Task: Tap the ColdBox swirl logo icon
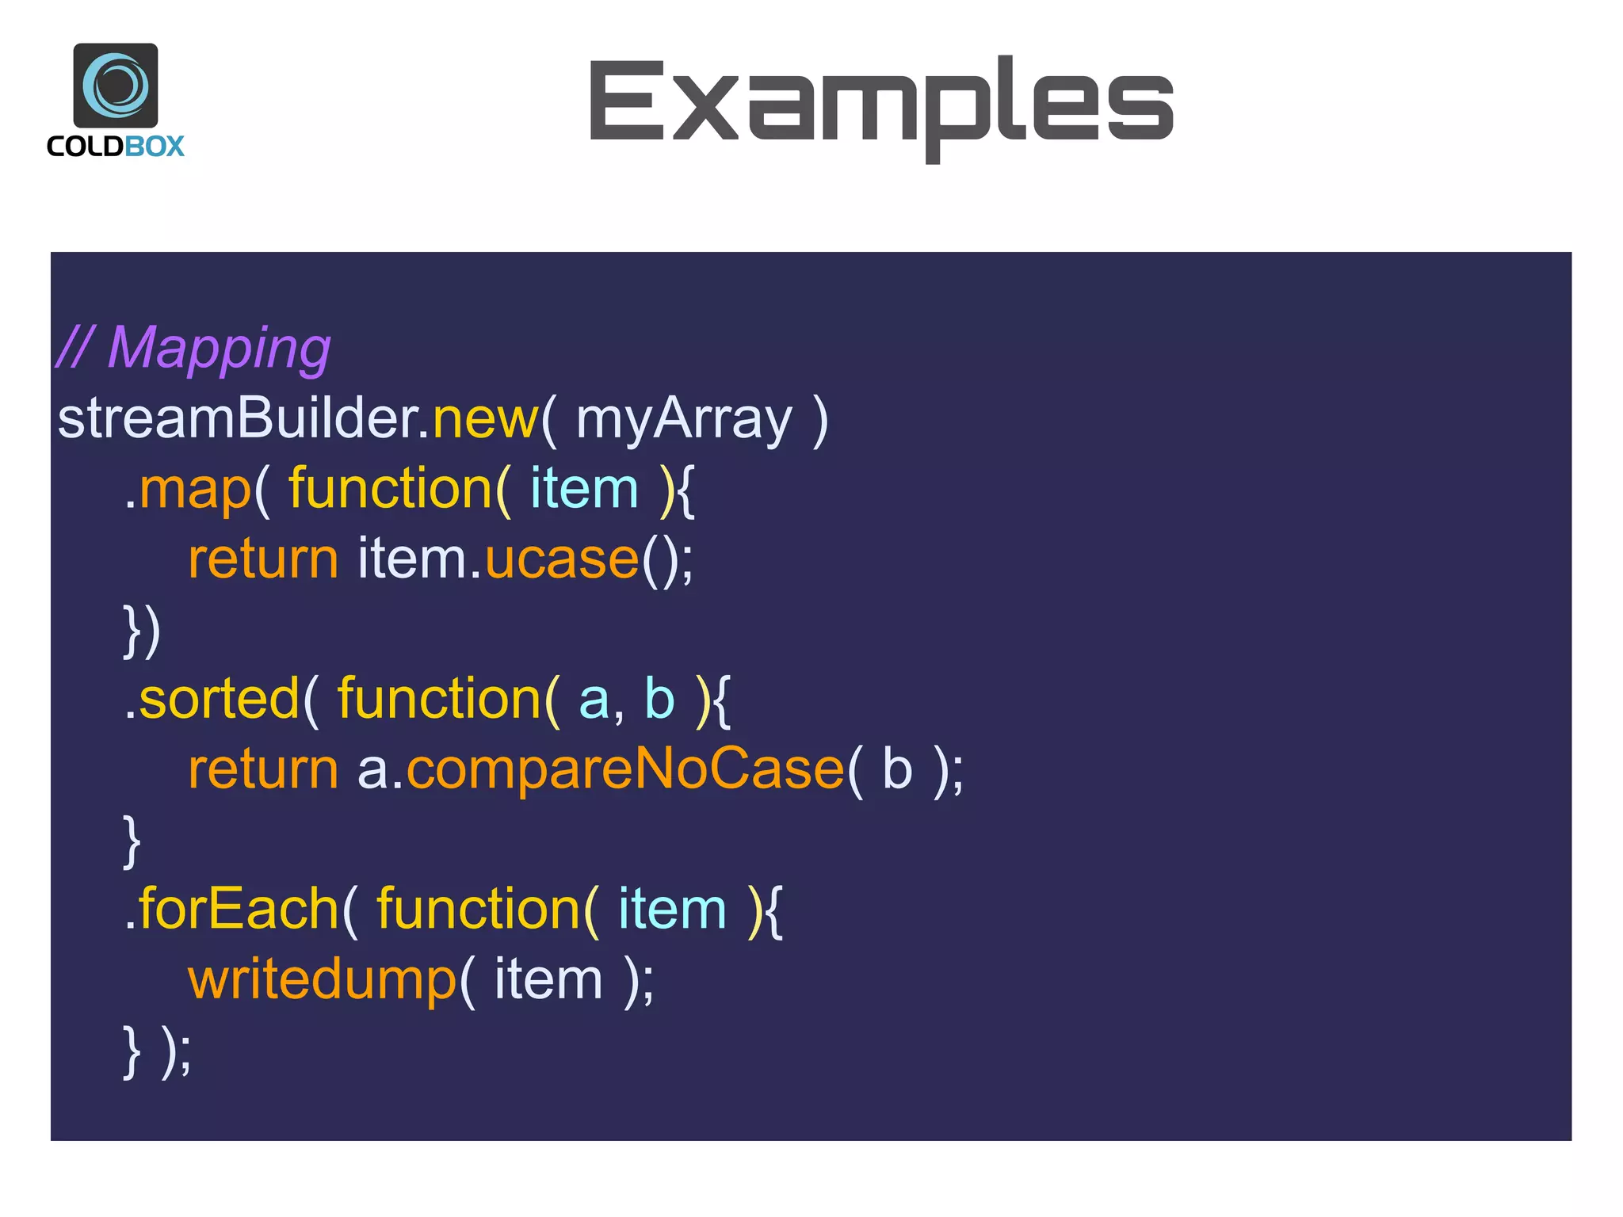pyautogui.click(x=116, y=85)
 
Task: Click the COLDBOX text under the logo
pyautogui.click(x=116, y=147)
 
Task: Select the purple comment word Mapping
pyautogui.click(x=219, y=349)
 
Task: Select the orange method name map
pyautogui.click(x=195, y=489)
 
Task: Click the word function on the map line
pyautogui.click(x=390, y=489)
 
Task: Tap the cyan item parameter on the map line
pyautogui.click(x=584, y=489)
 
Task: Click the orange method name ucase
pyautogui.click(x=561, y=559)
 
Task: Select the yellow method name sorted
pyautogui.click(x=219, y=699)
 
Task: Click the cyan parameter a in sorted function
pyautogui.click(x=594, y=699)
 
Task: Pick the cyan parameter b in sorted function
pyautogui.click(x=659, y=699)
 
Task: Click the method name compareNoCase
pyautogui.click(x=624, y=769)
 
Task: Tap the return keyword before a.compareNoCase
pyautogui.click(x=263, y=769)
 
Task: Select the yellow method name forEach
pyautogui.click(x=239, y=909)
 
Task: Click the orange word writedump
pyautogui.click(x=322, y=979)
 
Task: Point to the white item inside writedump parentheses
pyautogui.click(x=548, y=979)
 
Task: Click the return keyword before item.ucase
pyautogui.click(x=263, y=559)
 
